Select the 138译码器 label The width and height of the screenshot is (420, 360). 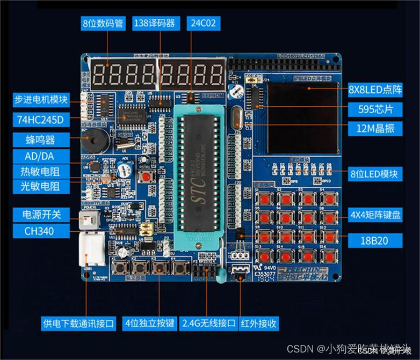pos(154,23)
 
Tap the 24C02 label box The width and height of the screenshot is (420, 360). pos(203,23)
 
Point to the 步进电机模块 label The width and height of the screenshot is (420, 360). pos(41,99)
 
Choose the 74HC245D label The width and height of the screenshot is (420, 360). pos(41,119)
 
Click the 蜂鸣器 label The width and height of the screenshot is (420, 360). pos(41,140)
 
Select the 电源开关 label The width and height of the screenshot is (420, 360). pos(41,215)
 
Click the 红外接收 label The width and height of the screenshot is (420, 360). pos(260,324)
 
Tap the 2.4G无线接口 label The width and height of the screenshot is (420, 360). pos(209,324)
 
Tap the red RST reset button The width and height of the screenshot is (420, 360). pos(145,176)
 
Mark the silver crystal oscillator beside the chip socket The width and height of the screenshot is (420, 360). pos(238,119)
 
